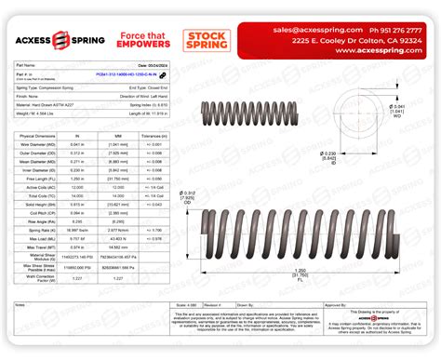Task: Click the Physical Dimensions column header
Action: coord(38,136)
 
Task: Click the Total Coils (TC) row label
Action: coord(38,196)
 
